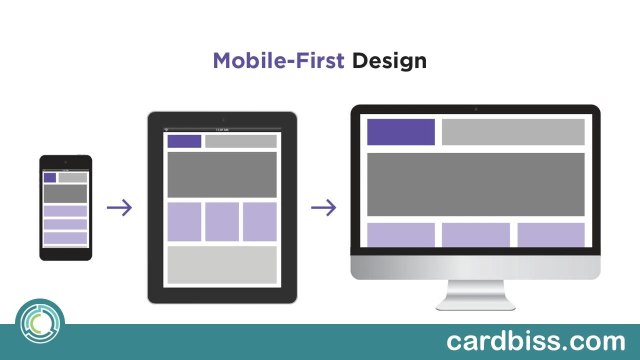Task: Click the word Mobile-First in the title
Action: pos(278,60)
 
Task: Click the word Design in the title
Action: pos(389,60)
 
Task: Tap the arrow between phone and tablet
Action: pos(119,208)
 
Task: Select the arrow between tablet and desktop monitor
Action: pos(323,207)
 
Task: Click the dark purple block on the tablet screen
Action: pos(184,141)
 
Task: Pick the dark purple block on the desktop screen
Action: pos(400,132)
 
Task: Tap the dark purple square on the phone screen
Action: pos(49,177)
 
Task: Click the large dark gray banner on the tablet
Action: pos(221,175)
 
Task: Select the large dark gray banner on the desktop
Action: pos(475,184)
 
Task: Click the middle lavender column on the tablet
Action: pos(221,221)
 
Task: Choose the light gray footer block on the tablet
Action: pos(221,264)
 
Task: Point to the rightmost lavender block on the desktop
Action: pos(550,235)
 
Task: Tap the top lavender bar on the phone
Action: pos(65,211)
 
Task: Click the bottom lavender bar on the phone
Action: pos(65,238)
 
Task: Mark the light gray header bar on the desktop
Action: pos(513,132)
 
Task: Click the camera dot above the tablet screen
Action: pos(222,120)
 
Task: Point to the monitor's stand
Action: pos(475,295)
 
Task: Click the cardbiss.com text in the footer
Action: pos(535,341)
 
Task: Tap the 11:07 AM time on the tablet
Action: pos(222,130)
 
